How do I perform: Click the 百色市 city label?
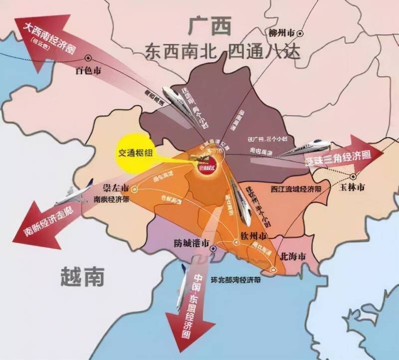(x=88, y=71)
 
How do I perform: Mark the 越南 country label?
(x=82, y=275)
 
